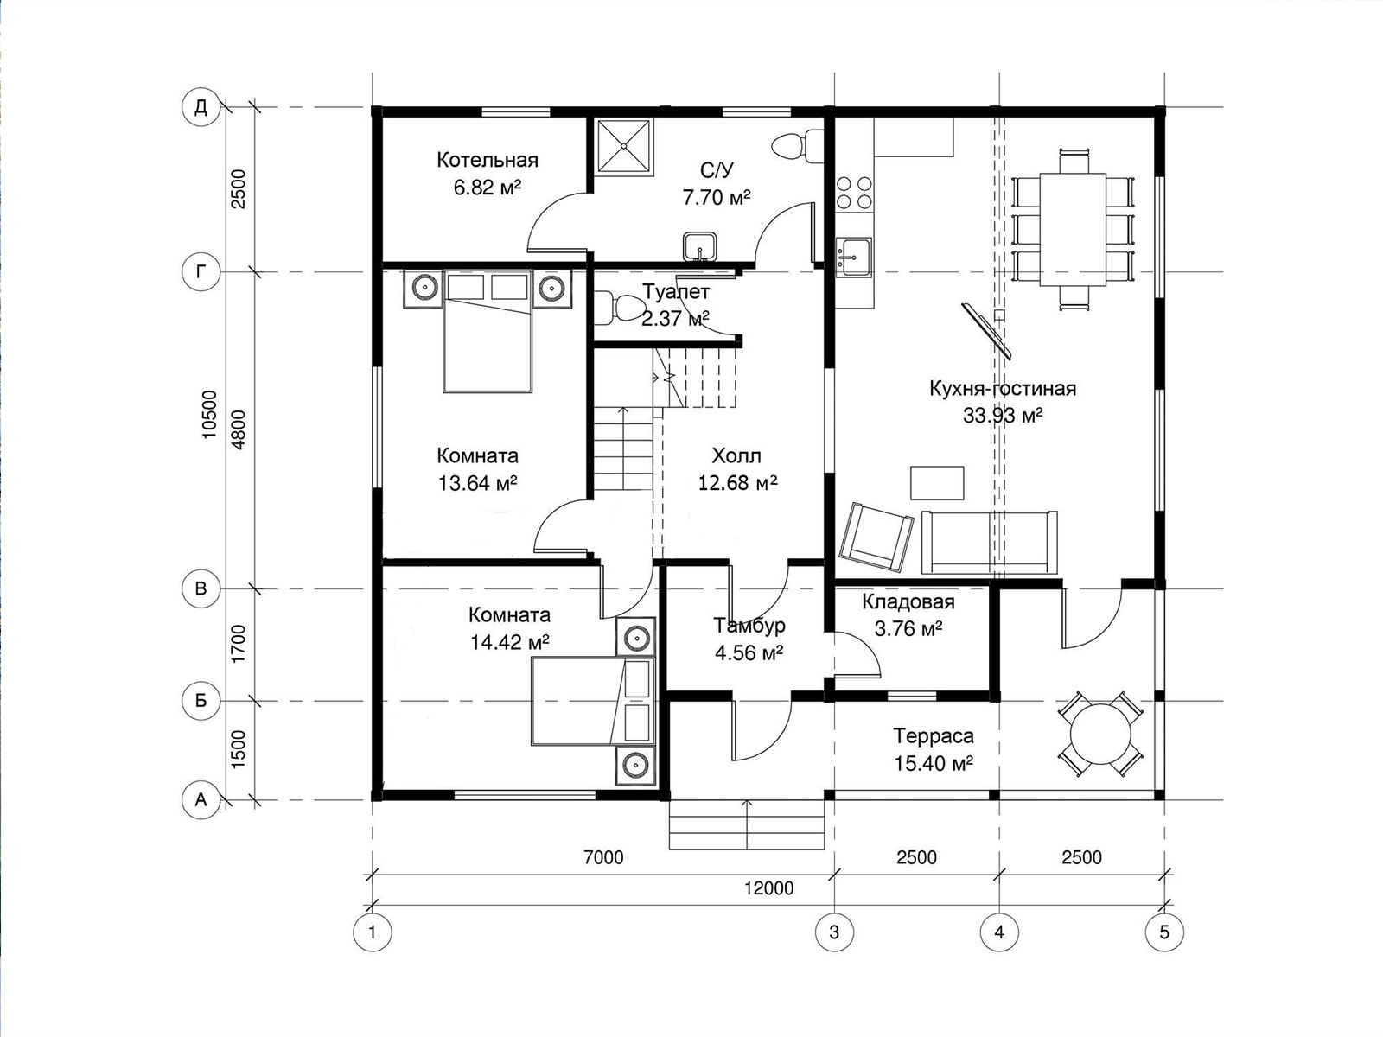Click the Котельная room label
(x=487, y=160)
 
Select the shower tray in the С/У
(x=624, y=145)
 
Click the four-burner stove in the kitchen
(x=854, y=193)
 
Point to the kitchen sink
(x=854, y=257)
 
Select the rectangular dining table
(x=1073, y=229)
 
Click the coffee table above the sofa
(x=937, y=483)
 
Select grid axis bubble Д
(x=201, y=107)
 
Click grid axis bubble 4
(x=999, y=932)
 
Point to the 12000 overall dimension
(x=768, y=888)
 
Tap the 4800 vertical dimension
(x=239, y=429)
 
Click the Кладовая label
(x=908, y=602)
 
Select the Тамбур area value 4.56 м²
(x=749, y=653)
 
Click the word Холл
(x=736, y=455)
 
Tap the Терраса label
(x=934, y=735)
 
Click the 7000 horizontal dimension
(x=603, y=857)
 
